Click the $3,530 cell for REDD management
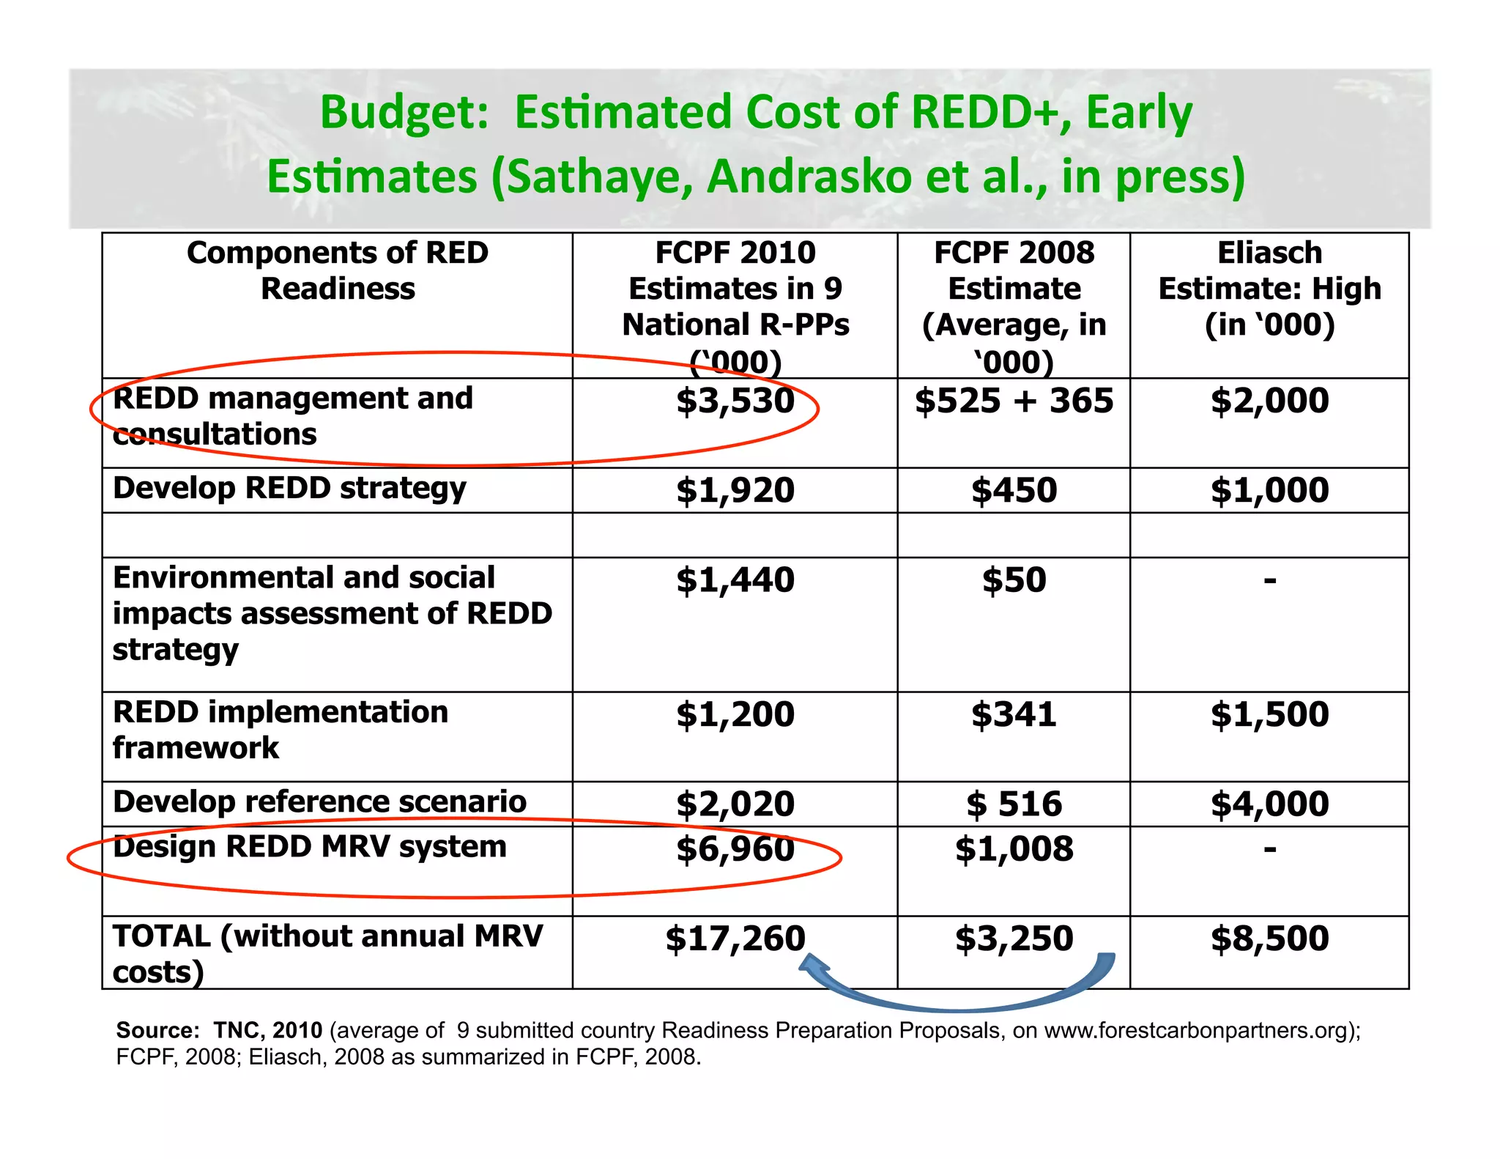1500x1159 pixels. click(735, 401)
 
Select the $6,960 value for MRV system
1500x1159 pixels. click(735, 849)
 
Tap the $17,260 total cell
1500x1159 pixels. click(735, 938)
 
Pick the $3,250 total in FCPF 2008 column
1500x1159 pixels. click(1014, 938)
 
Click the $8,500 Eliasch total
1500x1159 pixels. click(1269, 938)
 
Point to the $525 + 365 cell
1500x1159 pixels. click(1014, 401)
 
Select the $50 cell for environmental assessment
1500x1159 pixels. click(1014, 580)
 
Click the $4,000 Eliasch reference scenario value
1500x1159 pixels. click(1269, 804)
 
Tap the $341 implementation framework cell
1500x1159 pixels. click(1014, 714)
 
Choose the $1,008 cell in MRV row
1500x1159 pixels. click(1014, 849)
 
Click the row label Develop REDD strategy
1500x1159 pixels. click(289, 489)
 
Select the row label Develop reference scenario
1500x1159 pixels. click(319, 801)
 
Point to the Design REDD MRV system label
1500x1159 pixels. click(309, 847)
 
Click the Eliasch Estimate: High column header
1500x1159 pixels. click(1269, 289)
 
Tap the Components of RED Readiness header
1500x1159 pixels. click(338, 270)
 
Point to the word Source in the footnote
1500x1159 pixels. click(156, 1030)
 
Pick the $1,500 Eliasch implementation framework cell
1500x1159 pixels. click(1269, 714)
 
